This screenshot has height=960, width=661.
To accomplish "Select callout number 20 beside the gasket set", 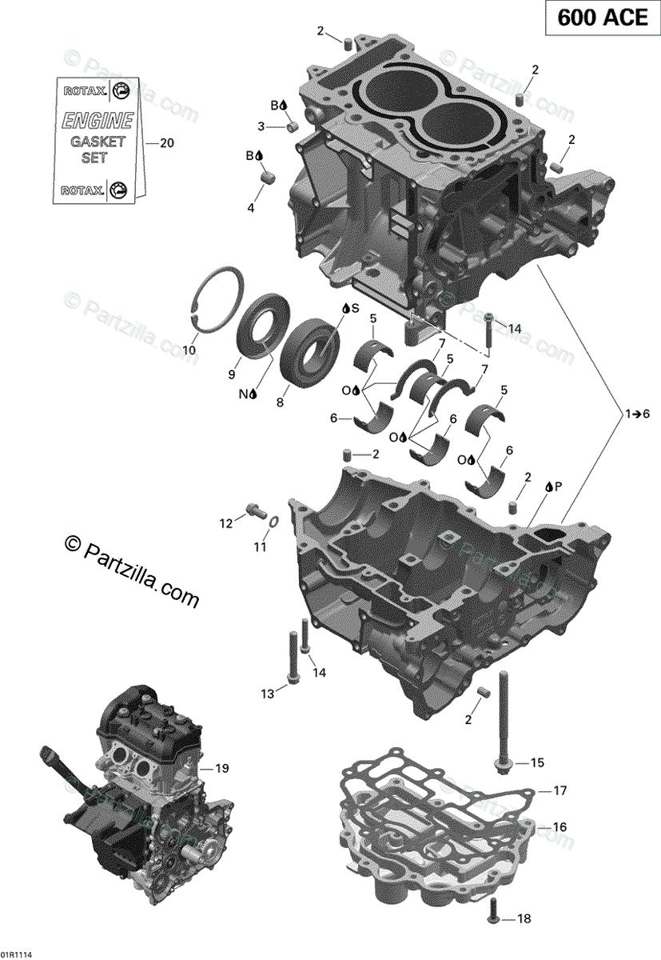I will click(x=166, y=144).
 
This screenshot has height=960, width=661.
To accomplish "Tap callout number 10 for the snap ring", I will click(x=189, y=350).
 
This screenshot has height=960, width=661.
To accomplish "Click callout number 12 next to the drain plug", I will click(x=227, y=523).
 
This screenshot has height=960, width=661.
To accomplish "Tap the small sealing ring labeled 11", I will click(x=272, y=522).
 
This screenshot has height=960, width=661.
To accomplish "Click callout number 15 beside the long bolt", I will click(x=536, y=762).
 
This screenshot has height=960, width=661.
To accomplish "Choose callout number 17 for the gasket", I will click(x=559, y=791).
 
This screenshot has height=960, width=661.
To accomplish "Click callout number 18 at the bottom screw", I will click(x=524, y=919).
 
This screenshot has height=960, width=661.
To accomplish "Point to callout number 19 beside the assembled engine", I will click(x=221, y=769).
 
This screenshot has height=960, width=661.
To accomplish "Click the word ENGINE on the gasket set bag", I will click(x=98, y=121).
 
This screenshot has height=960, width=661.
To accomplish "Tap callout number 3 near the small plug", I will click(x=261, y=126).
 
